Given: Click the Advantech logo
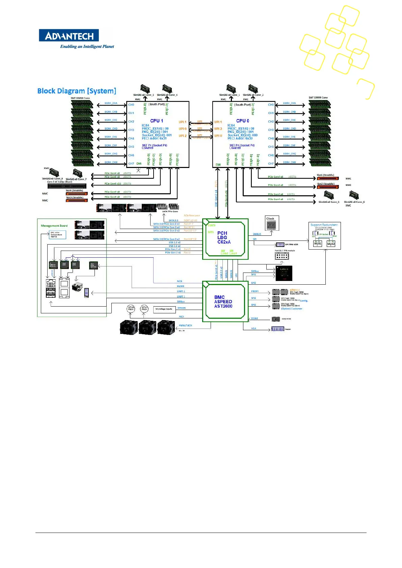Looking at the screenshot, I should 69,35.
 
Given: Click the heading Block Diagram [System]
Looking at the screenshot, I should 77,91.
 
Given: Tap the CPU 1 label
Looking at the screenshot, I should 157,121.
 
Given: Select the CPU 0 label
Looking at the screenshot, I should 243,121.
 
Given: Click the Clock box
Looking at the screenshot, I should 272,223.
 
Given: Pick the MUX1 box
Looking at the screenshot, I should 318,244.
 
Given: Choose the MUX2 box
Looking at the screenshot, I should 331,244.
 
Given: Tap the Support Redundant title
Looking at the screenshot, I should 324,225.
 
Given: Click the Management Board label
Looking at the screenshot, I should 54,226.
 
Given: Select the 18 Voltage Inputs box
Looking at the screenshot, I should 164,309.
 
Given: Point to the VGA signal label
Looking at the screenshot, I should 253,328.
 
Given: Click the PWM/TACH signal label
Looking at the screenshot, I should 185,325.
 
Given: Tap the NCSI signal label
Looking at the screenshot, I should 180,281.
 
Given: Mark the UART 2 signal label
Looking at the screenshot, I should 181,291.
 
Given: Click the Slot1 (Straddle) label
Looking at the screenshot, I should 325,175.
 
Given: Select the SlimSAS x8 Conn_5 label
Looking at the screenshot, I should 329,202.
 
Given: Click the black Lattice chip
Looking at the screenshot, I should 284,273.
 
